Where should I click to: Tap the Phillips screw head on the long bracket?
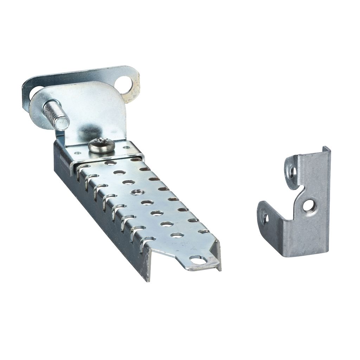click(101, 145)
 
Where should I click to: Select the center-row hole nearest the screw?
click(110, 163)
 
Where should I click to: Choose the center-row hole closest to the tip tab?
click(178, 234)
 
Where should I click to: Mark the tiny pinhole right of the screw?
click(126, 147)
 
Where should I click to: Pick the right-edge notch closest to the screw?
click(136, 160)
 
